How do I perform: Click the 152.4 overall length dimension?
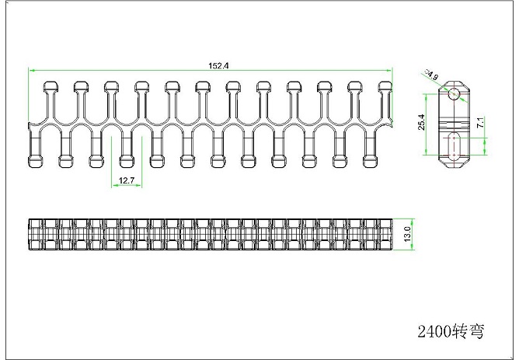click(x=218, y=65)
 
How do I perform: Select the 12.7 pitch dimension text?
click(x=127, y=180)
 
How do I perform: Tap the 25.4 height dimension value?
click(x=421, y=122)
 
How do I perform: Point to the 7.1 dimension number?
click(x=481, y=122)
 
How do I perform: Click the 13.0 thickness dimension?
click(x=407, y=234)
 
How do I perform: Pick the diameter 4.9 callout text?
click(x=431, y=75)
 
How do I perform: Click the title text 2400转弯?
click(x=451, y=331)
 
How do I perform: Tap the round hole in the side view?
click(x=454, y=93)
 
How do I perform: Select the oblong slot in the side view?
click(x=454, y=145)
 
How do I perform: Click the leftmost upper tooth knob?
click(x=51, y=86)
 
